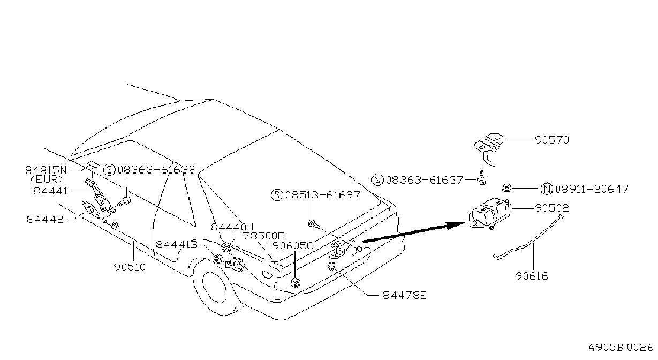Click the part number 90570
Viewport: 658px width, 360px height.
(552, 140)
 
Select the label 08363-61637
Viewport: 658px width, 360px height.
(425, 180)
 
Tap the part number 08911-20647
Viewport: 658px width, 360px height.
(592, 189)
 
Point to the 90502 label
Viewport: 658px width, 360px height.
(552, 208)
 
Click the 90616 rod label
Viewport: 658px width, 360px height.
(532, 276)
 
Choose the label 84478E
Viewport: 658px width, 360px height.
(405, 295)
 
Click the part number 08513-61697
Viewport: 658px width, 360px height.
(322, 194)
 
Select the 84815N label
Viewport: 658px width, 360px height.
(46, 170)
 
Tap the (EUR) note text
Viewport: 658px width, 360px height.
(47, 179)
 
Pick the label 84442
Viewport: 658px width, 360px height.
(45, 219)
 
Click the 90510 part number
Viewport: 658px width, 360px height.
(130, 267)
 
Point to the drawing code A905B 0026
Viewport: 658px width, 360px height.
(621, 348)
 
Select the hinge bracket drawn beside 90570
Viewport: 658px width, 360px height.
(489, 149)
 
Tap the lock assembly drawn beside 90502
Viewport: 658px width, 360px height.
(490, 213)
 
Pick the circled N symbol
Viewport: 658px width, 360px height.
(547, 189)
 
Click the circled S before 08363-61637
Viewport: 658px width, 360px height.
(377, 180)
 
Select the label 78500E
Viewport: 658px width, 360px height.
(263, 236)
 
